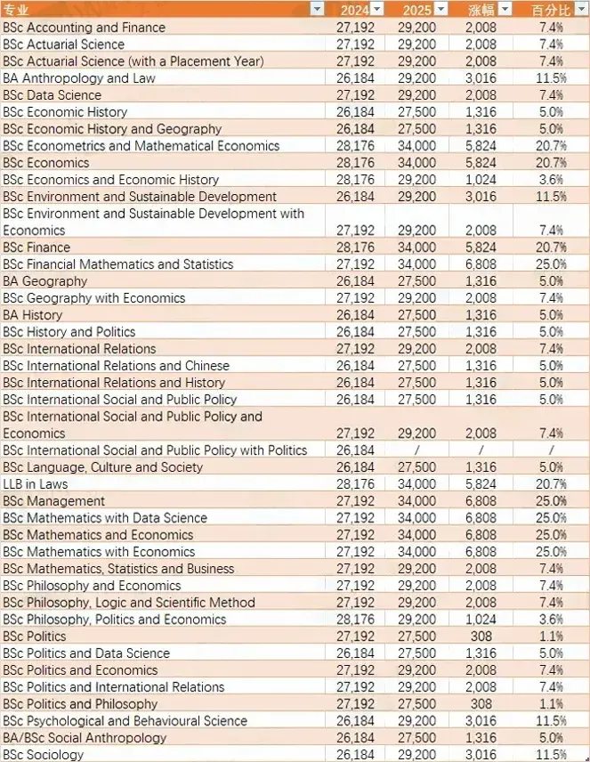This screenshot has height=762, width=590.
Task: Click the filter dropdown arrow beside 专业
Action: click(318, 9)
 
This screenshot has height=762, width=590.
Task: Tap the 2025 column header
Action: click(416, 10)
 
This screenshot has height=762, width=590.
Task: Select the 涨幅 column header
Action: click(481, 10)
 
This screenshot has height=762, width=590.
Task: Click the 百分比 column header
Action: click(551, 10)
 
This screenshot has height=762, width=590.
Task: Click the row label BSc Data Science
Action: click(52, 94)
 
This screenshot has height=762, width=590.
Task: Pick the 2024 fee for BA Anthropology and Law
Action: click(355, 77)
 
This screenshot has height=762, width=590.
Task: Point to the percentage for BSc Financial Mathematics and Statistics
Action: click(551, 263)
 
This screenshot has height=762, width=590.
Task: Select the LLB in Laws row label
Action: click(35, 484)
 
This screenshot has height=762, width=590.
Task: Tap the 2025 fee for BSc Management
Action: click(416, 500)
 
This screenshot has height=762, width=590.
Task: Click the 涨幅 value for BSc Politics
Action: click(481, 636)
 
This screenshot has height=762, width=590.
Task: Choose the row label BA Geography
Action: click(44, 281)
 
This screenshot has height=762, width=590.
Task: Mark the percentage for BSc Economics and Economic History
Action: click(551, 179)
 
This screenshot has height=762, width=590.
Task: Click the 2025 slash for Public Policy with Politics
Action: click(416, 450)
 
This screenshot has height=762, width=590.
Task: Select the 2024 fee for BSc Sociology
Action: click(355, 754)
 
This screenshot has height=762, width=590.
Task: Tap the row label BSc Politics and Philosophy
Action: click(80, 703)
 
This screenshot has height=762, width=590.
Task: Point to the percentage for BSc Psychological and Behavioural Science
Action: click(551, 721)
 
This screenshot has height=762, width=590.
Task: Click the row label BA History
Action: click(33, 315)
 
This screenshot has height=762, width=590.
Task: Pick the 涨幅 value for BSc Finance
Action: click(481, 247)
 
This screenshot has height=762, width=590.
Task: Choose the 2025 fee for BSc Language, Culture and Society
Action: click(416, 467)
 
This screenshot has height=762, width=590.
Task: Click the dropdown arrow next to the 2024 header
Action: click(377, 9)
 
